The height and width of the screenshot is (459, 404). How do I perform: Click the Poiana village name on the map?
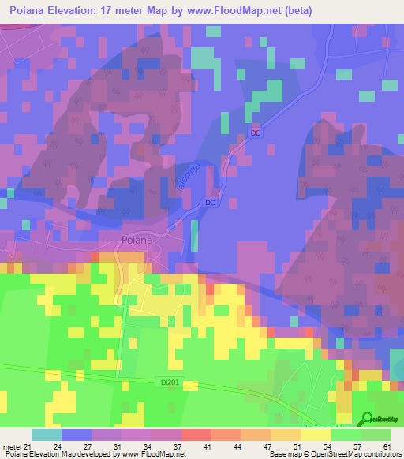[x=120, y=241]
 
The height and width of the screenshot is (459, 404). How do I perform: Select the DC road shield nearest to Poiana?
[x=210, y=203]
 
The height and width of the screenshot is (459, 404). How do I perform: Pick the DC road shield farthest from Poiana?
[x=255, y=133]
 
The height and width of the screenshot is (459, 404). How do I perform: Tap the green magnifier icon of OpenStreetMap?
[x=368, y=419]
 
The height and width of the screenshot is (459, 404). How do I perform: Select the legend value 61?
[x=386, y=446]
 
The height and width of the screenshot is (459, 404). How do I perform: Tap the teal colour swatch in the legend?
[x=47, y=435]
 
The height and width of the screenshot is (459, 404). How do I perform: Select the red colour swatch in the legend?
[x=196, y=435]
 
